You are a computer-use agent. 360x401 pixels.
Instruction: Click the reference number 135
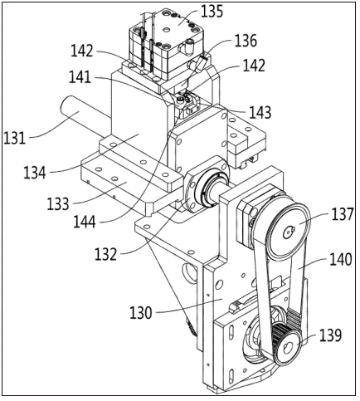[x=212, y=12]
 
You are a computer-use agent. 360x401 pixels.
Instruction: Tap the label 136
[x=246, y=41]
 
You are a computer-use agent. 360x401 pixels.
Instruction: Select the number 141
[x=80, y=77]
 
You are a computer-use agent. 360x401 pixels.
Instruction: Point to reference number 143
[x=260, y=112]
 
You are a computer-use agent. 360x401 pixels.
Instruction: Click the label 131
[x=14, y=138]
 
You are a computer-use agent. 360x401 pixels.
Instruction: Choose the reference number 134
[x=35, y=173]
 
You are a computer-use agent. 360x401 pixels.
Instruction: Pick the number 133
[x=57, y=204]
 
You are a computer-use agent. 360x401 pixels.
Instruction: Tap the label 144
[x=85, y=222]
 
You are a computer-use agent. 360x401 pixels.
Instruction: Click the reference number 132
[x=105, y=254]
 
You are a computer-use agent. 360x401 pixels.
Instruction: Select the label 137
[x=343, y=214]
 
